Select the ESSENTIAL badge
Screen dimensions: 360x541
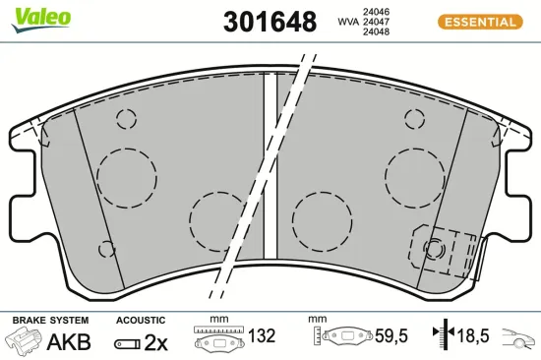(479, 21)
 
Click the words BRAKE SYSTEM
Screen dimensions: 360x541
(49, 321)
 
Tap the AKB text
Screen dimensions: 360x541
(70, 341)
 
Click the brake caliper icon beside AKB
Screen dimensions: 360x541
(26, 341)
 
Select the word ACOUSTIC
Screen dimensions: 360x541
(140, 321)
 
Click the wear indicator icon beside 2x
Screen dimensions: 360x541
(126, 342)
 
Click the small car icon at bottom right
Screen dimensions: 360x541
(518, 341)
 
